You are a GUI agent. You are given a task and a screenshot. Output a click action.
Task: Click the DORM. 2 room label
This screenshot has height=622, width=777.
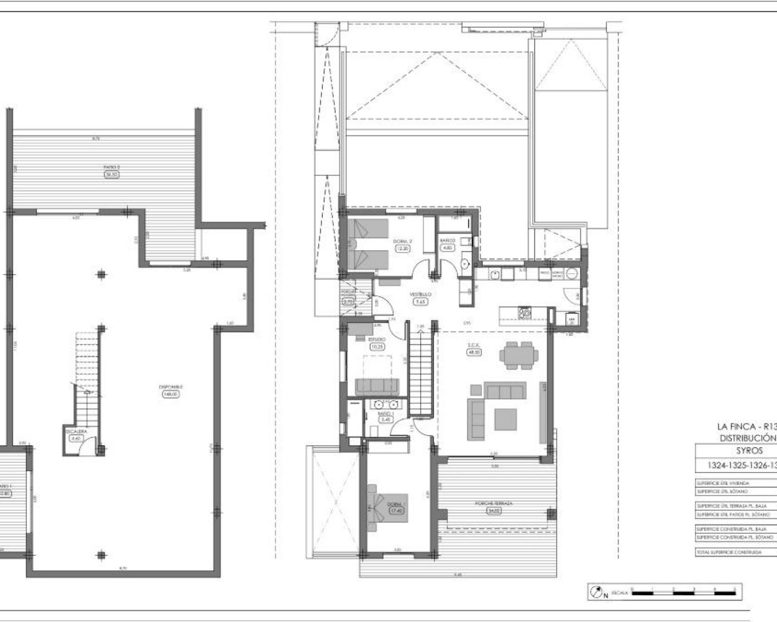404,241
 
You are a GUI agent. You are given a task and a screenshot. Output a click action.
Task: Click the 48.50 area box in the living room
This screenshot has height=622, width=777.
474,352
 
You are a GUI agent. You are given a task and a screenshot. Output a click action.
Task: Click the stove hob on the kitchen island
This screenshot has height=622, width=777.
524,313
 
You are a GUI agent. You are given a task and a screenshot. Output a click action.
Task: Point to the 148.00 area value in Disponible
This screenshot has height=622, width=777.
171,394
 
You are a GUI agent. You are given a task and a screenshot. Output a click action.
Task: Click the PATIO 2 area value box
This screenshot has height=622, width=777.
111,174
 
